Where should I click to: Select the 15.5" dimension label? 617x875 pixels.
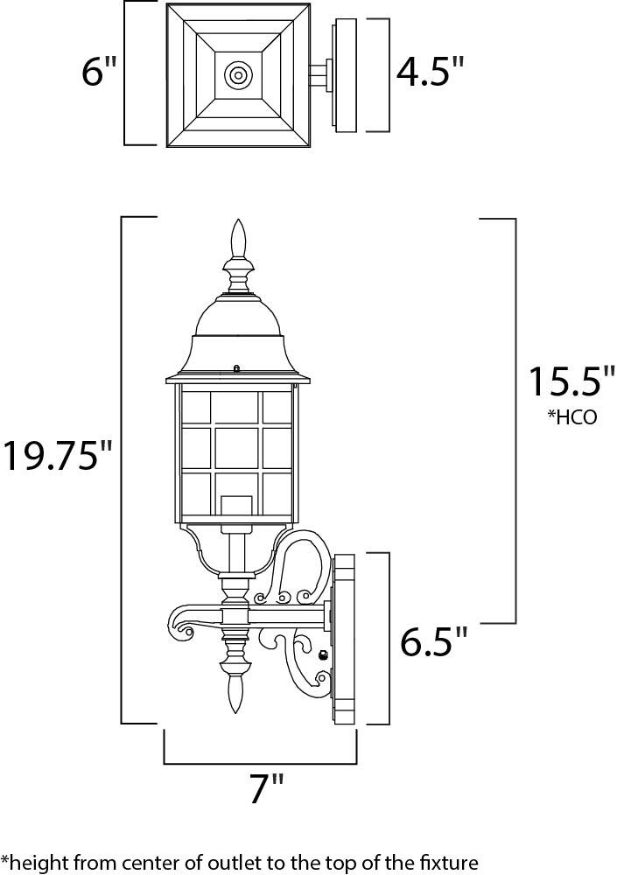pos(570,381)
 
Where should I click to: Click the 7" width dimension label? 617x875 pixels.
pos(266,788)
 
